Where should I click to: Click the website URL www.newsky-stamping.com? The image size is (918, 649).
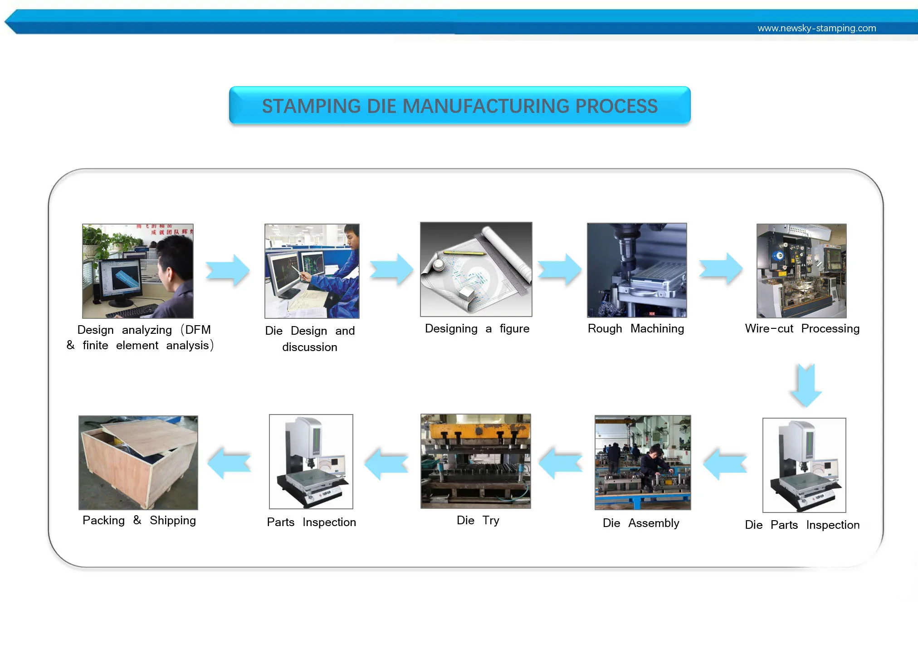tap(816, 28)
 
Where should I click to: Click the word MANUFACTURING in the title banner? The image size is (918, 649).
tap(485, 106)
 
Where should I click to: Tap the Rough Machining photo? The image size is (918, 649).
tap(637, 270)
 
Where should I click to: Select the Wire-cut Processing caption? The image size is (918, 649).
tap(802, 328)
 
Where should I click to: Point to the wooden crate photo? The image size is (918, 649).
tap(138, 462)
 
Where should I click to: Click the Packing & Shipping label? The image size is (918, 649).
tap(139, 520)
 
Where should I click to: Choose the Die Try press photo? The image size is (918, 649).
tap(476, 461)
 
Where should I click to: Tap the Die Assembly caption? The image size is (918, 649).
tap(641, 523)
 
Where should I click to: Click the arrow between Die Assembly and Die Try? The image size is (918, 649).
tap(561, 463)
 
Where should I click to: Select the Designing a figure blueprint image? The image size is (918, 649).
tap(476, 269)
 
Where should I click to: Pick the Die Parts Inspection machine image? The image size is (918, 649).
tap(804, 465)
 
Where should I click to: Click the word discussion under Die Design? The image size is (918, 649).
tap(310, 347)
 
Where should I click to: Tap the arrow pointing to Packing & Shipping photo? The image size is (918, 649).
tap(229, 463)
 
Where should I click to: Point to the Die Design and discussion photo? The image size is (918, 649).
tap(312, 271)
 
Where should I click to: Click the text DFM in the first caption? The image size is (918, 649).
tap(198, 330)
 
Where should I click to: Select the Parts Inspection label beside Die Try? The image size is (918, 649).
tap(311, 522)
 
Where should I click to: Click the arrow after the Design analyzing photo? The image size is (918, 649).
tap(228, 270)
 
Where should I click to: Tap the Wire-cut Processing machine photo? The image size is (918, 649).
tap(801, 271)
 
